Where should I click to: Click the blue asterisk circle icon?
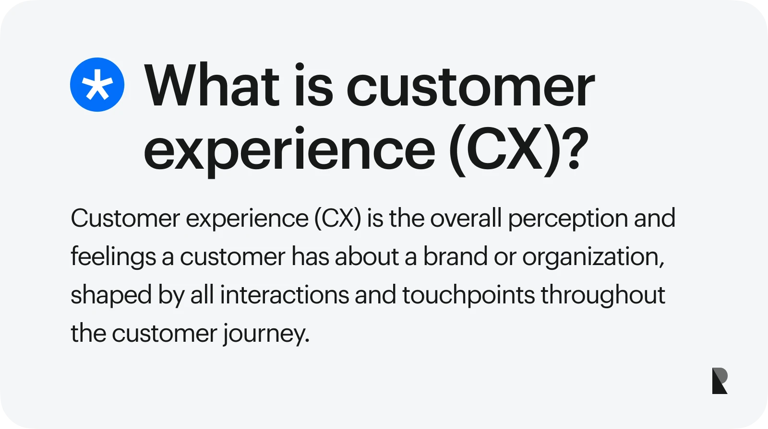[x=97, y=85]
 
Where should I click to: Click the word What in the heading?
[x=212, y=86]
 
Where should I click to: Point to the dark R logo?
[x=720, y=381]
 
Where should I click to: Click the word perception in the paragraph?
[x=567, y=219]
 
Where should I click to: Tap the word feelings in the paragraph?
[x=113, y=257]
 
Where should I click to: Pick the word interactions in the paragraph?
[x=284, y=295]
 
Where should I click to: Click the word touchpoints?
[x=468, y=296]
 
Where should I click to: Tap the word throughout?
[x=603, y=296]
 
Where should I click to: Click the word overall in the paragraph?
[x=466, y=219]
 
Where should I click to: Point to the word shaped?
[x=111, y=296]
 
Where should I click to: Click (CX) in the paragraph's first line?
[x=337, y=219]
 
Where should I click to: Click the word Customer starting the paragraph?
[x=125, y=219]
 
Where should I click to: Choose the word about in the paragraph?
[x=367, y=257]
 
